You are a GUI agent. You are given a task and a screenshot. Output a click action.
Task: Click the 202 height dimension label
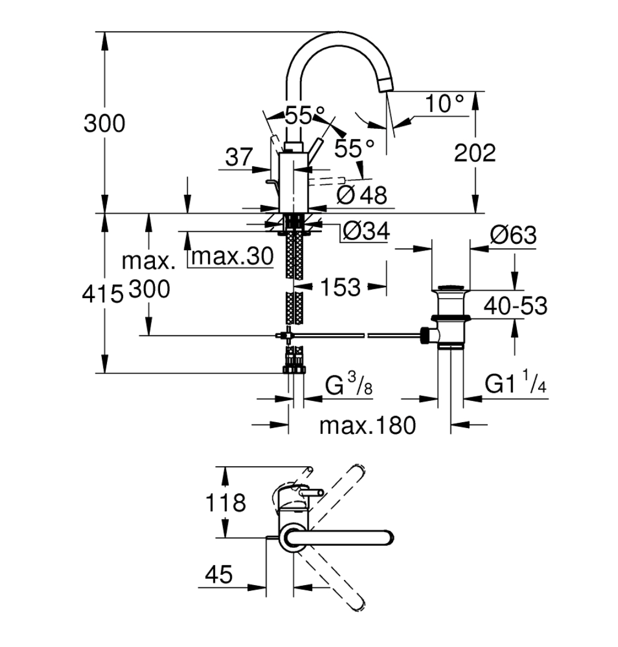point(475,153)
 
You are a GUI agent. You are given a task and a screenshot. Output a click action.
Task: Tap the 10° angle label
point(445,104)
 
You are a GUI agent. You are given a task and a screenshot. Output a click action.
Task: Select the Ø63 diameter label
point(513,235)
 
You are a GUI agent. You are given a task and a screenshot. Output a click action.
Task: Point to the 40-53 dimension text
point(515,306)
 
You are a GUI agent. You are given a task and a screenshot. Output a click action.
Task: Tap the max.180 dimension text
point(368,426)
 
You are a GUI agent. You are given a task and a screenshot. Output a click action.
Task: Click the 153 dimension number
point(339,287)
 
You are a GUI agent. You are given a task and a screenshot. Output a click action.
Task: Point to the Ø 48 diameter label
point(362,195)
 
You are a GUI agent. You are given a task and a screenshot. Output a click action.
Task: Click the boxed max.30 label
point(231,256)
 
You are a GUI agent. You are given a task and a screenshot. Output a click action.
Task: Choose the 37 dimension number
point(239,157)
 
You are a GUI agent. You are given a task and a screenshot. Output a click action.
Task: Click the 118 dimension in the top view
point(227,503)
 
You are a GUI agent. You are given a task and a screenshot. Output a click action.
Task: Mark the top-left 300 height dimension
point(104,123)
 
